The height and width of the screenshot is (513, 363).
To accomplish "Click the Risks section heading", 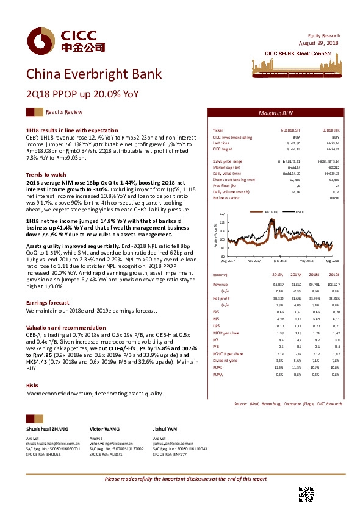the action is pos(32,369).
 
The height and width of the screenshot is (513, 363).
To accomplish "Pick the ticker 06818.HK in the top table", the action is pos(331,131).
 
